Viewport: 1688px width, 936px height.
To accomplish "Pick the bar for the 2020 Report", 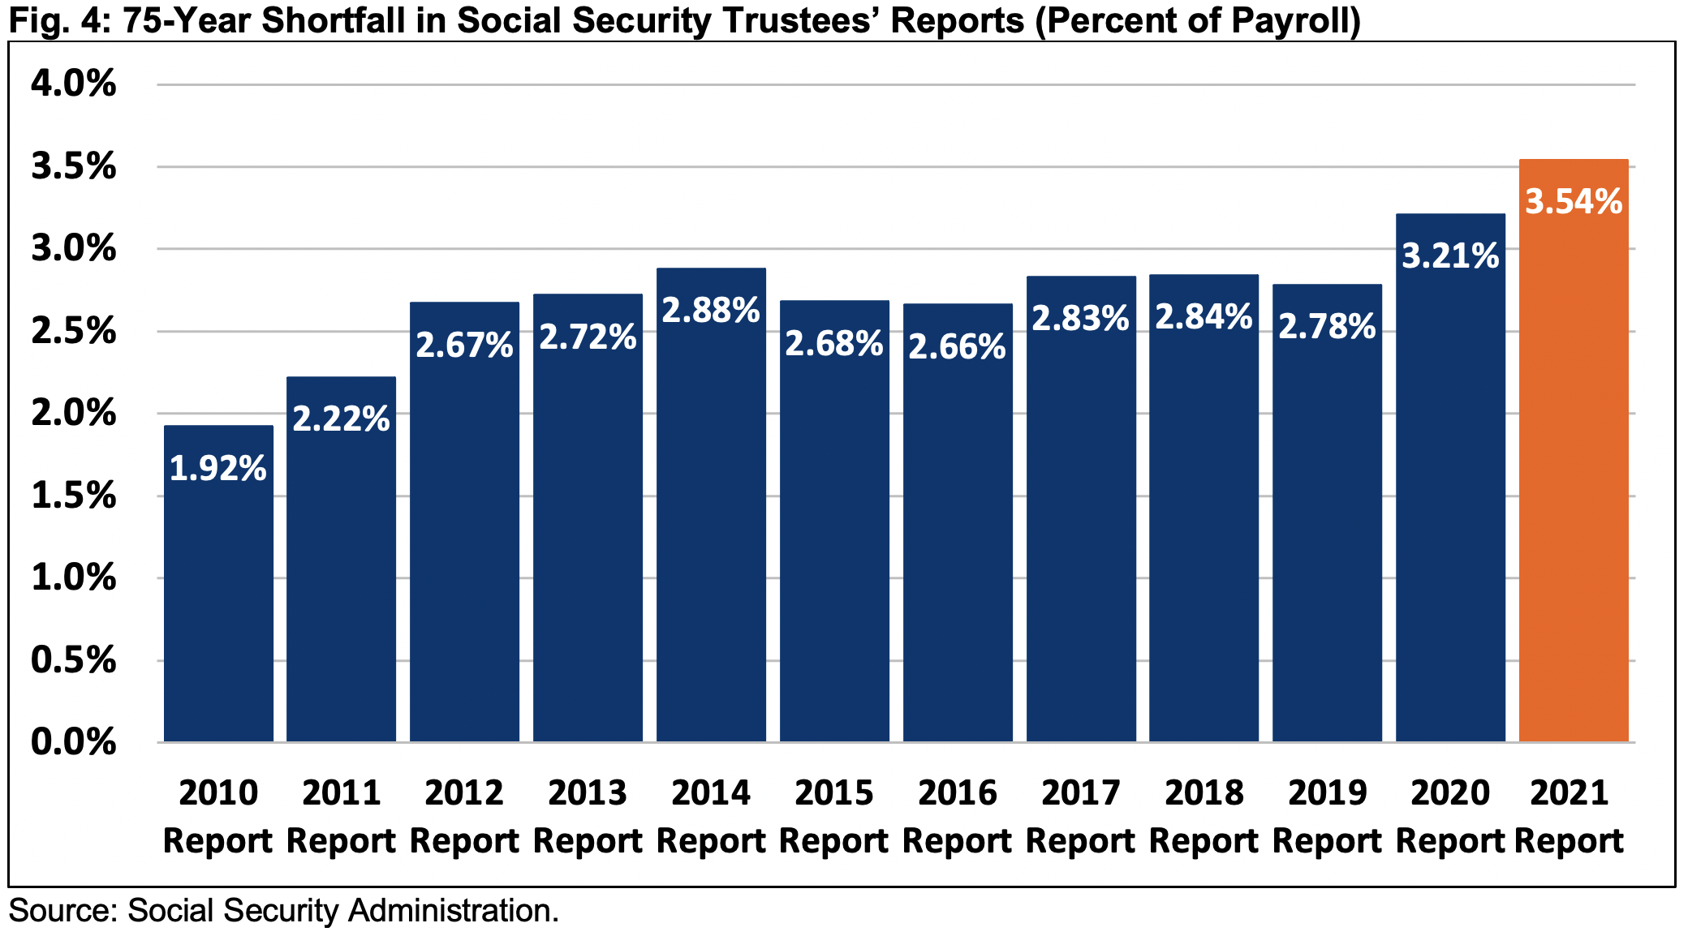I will (1450, 503).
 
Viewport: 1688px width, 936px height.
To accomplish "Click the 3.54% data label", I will (1574, 202).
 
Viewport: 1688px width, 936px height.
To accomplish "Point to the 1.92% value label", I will (217, 469).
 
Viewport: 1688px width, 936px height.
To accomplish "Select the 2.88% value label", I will (711, 311).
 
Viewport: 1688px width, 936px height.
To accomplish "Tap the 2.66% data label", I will (958, 347).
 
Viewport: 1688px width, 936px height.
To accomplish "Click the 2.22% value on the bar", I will (341, 419).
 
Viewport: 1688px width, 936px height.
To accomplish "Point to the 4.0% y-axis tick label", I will (73, 84).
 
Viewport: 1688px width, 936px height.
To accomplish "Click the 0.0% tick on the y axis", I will (73, 742).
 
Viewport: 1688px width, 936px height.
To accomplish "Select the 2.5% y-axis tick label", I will (73, 331).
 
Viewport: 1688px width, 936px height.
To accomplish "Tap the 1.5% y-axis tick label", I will (73, 496).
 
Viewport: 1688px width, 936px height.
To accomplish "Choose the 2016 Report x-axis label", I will (958, 816).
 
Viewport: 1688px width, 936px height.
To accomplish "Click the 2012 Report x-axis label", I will (464, 816).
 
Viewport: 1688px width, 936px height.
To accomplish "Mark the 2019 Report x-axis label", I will (1327, 816).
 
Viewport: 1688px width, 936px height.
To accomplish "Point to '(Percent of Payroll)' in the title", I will (1198, 20).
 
